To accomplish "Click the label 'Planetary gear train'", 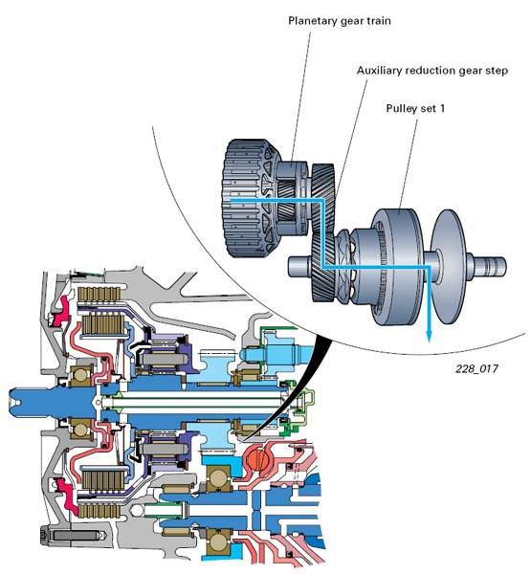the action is click(x=340, y=21).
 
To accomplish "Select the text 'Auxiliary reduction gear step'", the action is click(x=432, y=70).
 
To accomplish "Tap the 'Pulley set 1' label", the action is click(x=415, y=108).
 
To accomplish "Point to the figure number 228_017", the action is click(x=476, y=368).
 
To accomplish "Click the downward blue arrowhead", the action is click(x=430, y=336).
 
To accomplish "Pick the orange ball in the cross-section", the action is click(x=257, y=457).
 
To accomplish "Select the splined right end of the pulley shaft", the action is click(x=492, y=266).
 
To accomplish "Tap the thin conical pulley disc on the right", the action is click(x=449, y=267).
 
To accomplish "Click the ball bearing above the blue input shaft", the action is click(x=81, y=375).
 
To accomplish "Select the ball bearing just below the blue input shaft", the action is click(x=81, y=429).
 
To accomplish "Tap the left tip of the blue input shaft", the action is click(x=11, y=403).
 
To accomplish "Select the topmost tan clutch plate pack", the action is click(x=99, y=294).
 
